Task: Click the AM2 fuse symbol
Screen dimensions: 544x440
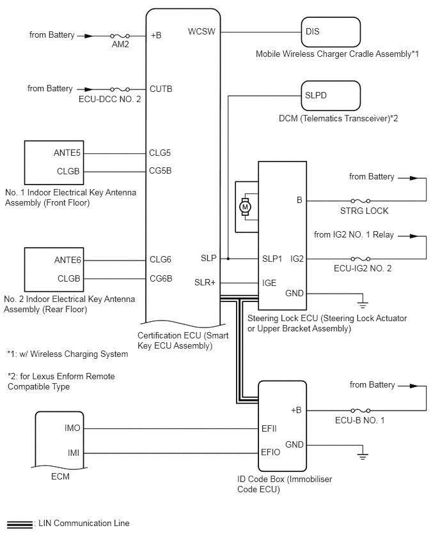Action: [x=121, y=36]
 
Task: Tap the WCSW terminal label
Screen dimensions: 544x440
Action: [x=201, y=31]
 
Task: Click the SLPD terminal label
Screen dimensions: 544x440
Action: [x=316, y=95]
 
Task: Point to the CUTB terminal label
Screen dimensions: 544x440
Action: [x=161, y=89]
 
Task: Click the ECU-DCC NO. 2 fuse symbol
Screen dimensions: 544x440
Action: [x=121, y=89]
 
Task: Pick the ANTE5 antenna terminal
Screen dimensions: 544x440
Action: [x=69, y=153]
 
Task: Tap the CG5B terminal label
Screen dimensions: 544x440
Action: [x=161, y=170]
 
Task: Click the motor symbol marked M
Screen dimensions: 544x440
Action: [x=244, y=206]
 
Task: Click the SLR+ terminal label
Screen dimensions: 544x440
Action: [x=205, y=282]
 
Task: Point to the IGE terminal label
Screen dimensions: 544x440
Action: [x=270, y=282]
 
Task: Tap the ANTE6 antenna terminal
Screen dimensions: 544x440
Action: [x=69, y=260]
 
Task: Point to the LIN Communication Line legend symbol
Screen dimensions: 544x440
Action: [x=19, y=524]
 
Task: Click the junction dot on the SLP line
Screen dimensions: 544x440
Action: [x=228, y=259]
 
